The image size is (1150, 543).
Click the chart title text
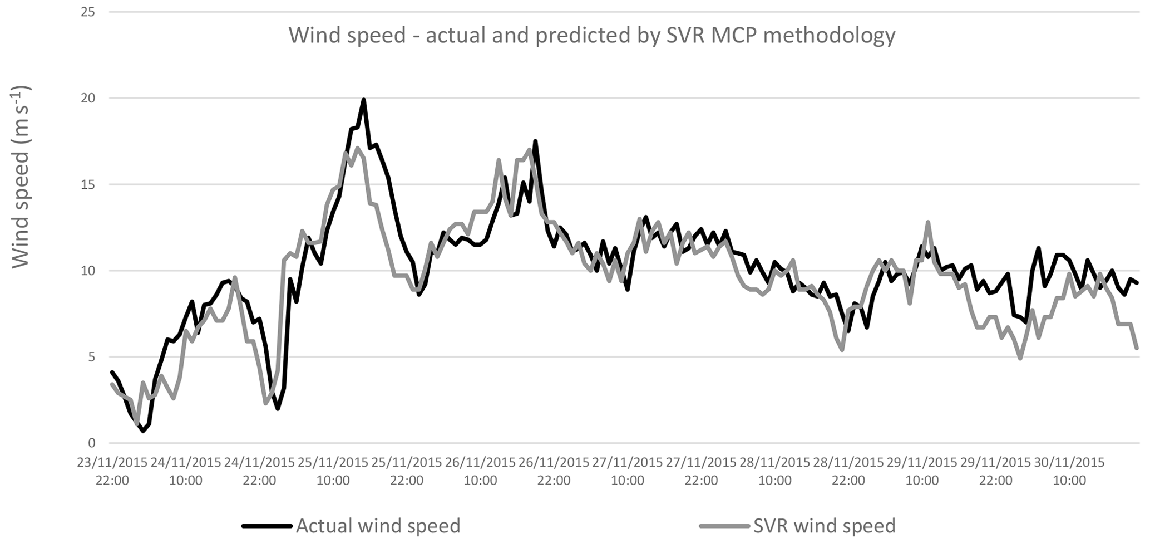point(591,36)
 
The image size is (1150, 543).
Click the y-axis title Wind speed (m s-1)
point(21,177)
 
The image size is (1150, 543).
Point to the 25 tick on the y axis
point(88,12)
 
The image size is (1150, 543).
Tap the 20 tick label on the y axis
point(88,98)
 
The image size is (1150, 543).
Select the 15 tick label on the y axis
point(88,184)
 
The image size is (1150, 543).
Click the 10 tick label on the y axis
point(88,271)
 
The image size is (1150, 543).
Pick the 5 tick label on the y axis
point(92,357)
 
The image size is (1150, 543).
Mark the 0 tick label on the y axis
point(92,443)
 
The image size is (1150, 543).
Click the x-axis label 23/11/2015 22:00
point(112,471)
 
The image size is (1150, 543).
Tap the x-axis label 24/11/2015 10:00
point(186,471)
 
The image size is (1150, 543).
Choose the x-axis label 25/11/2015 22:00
point(407,471)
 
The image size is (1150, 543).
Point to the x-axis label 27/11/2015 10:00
point(628,471)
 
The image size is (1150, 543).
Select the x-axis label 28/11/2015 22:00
point(848,471)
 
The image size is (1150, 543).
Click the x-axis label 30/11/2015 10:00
point(1069,471)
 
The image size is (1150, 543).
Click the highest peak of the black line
point(363,100)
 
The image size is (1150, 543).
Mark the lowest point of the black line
point(143,431)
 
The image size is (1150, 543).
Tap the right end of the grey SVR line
point(1137,348)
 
